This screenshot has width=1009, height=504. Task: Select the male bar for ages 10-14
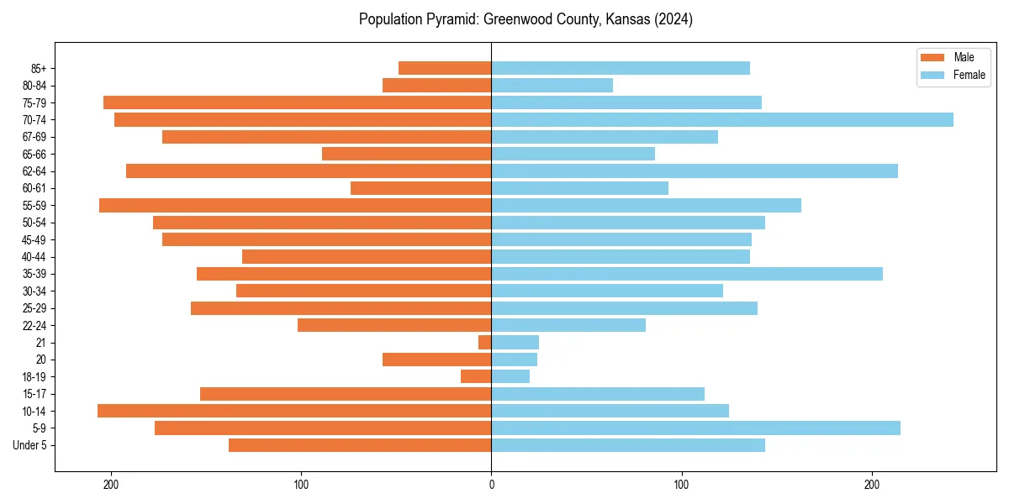coord(294,411)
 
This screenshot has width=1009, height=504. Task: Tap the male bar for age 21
coord(485,343)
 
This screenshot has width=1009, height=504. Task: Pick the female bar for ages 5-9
coord(695,428)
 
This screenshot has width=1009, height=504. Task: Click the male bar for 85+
coord(445,68)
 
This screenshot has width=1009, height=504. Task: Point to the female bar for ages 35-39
coord(687,274)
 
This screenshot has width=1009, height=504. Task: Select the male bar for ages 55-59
coord(295,206)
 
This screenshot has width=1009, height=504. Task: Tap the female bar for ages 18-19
coord(510,376)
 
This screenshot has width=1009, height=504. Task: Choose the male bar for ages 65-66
coord(407,154)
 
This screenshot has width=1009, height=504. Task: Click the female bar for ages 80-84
coord(552,86)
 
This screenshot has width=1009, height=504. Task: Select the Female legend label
coord(969,75)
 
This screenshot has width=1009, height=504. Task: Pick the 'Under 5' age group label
coord(29,445)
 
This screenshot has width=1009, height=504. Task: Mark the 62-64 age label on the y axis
coord(34,171)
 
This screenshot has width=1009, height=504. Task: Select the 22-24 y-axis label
coord(34,326)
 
